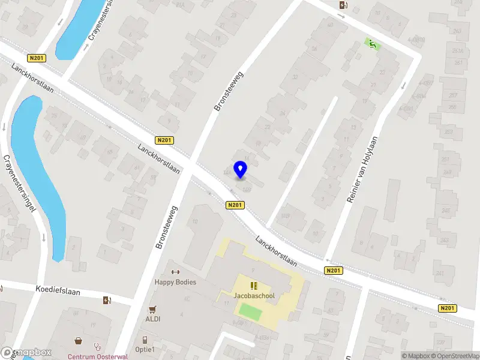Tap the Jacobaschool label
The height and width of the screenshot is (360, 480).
pos(254,295)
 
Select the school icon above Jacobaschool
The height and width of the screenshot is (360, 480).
pos(254,285)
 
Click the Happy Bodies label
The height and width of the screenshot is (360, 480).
pos(175,282)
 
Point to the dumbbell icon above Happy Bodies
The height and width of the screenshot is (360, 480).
pos(176,272)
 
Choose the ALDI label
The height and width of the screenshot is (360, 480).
pos(152,319)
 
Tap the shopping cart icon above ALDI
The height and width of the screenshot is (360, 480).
pos(152,310)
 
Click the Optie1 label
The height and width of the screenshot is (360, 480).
pos(145,349)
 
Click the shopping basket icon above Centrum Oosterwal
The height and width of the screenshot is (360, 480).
pos(79,341)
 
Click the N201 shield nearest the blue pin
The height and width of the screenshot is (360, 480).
pos(235,205)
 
